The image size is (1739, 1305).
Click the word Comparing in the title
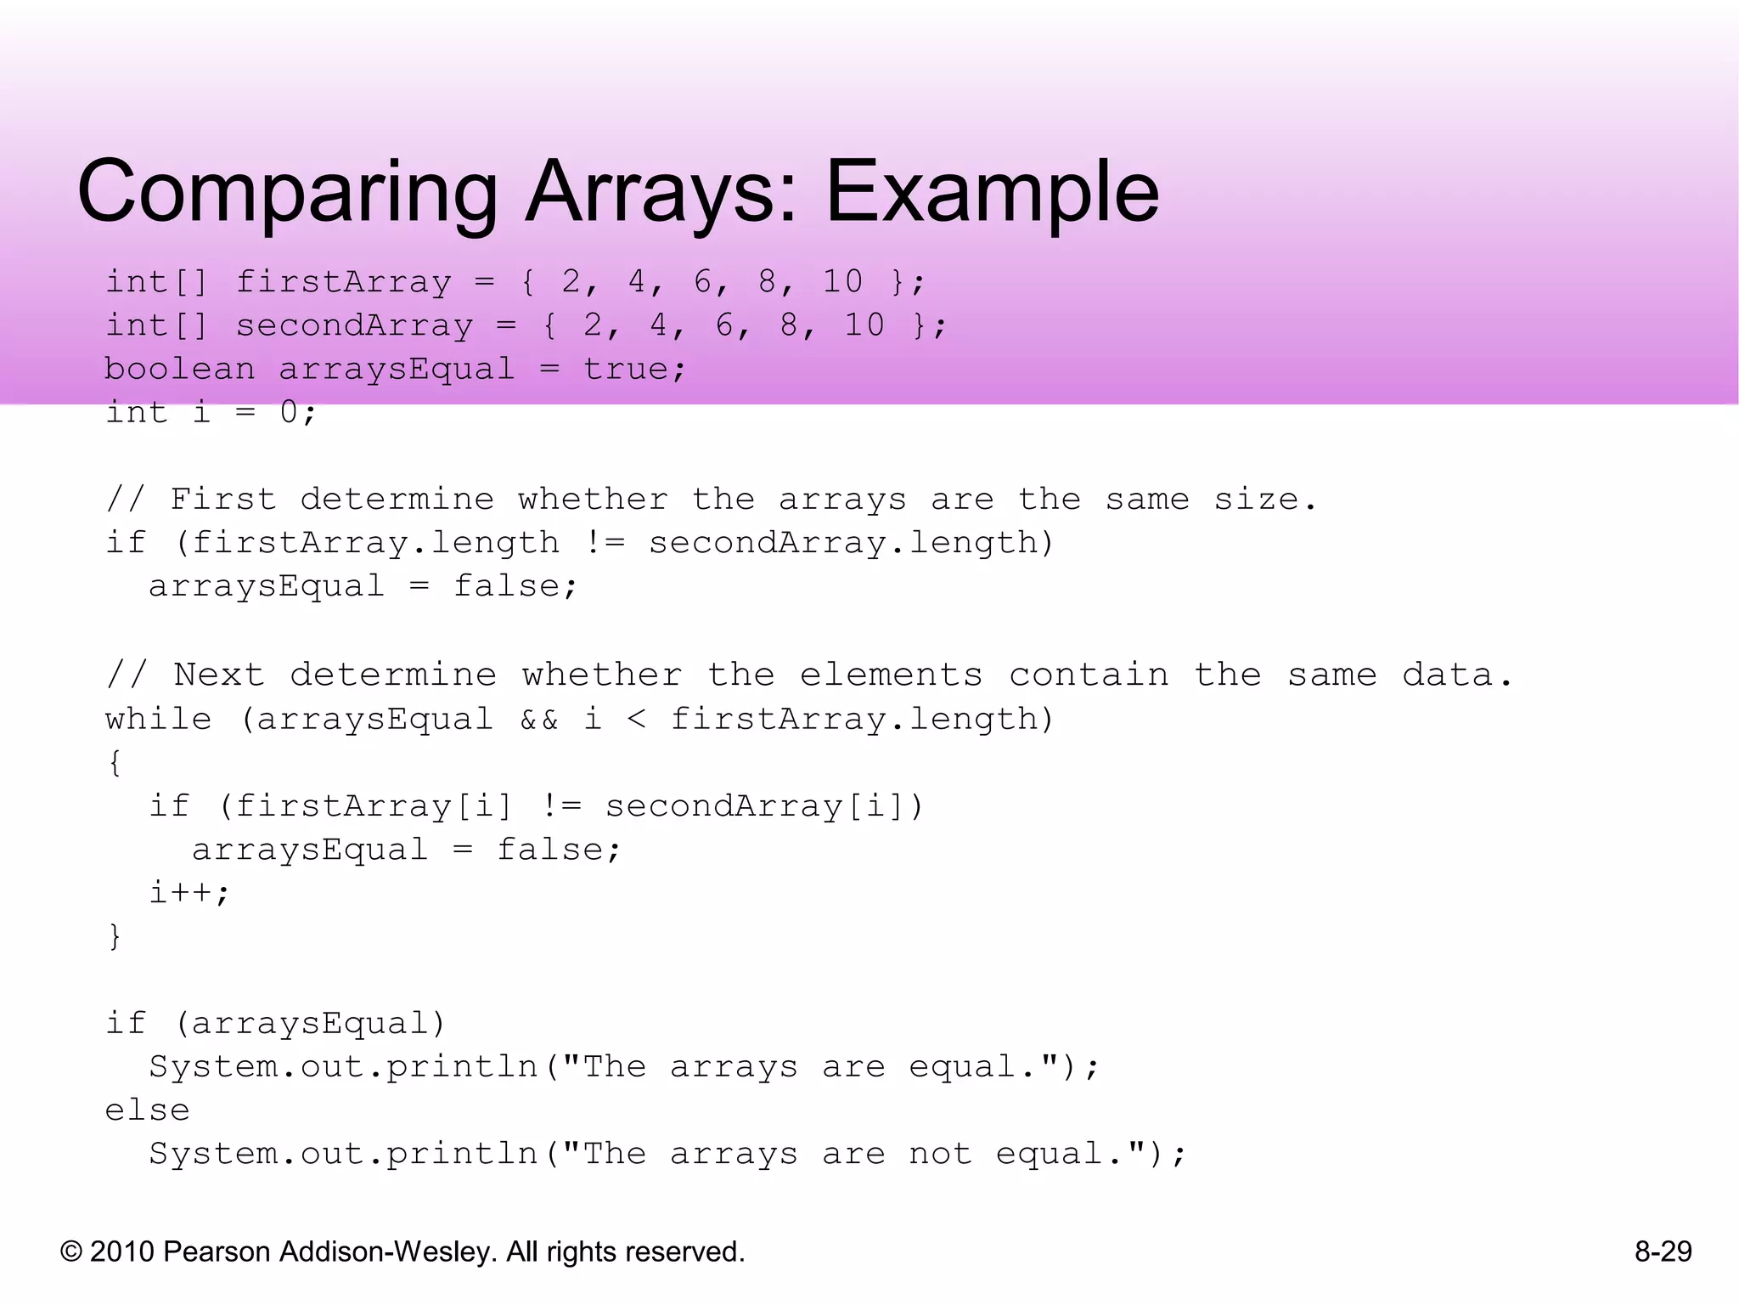coord(287,194)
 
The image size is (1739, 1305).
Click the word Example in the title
coord(992,194)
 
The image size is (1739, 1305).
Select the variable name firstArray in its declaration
coord(344,282)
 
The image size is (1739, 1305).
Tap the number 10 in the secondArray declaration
coord(864,325)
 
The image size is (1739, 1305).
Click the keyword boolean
coord(179,370)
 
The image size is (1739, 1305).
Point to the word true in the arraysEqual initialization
coord(626,370)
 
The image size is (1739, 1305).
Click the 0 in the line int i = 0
coord(289,413)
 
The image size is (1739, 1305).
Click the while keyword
coord(158,720)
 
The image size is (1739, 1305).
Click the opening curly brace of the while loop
coord(115,763)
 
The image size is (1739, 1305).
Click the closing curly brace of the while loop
coord(115,936)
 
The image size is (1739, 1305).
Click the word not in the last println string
coord(940,1154)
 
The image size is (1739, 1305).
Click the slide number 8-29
coord(1663,1251)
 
